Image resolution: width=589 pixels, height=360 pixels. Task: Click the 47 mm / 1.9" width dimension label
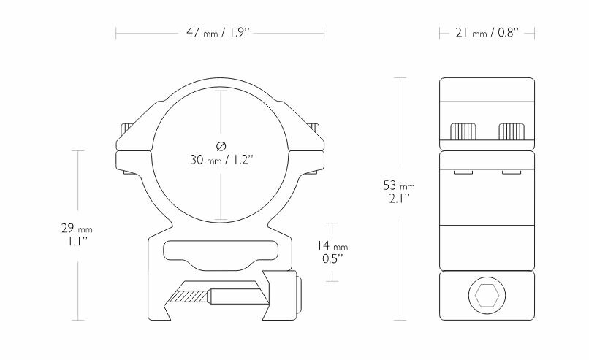tap(220, 32)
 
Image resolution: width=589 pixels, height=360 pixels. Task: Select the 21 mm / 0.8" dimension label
tap(488, 32)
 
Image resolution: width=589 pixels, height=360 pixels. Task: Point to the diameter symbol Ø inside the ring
tap(220, 142)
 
